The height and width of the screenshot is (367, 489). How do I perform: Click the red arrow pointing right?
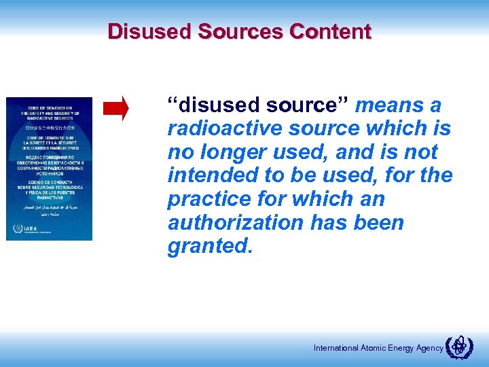(x=115, y=109)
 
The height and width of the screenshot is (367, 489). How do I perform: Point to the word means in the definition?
(x=388, y=105)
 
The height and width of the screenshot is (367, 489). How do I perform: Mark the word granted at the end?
(x=209, y=247)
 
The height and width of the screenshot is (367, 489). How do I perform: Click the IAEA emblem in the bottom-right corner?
(x=460, y=347)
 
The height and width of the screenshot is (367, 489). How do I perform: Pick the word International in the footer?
(x=336, y=348)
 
